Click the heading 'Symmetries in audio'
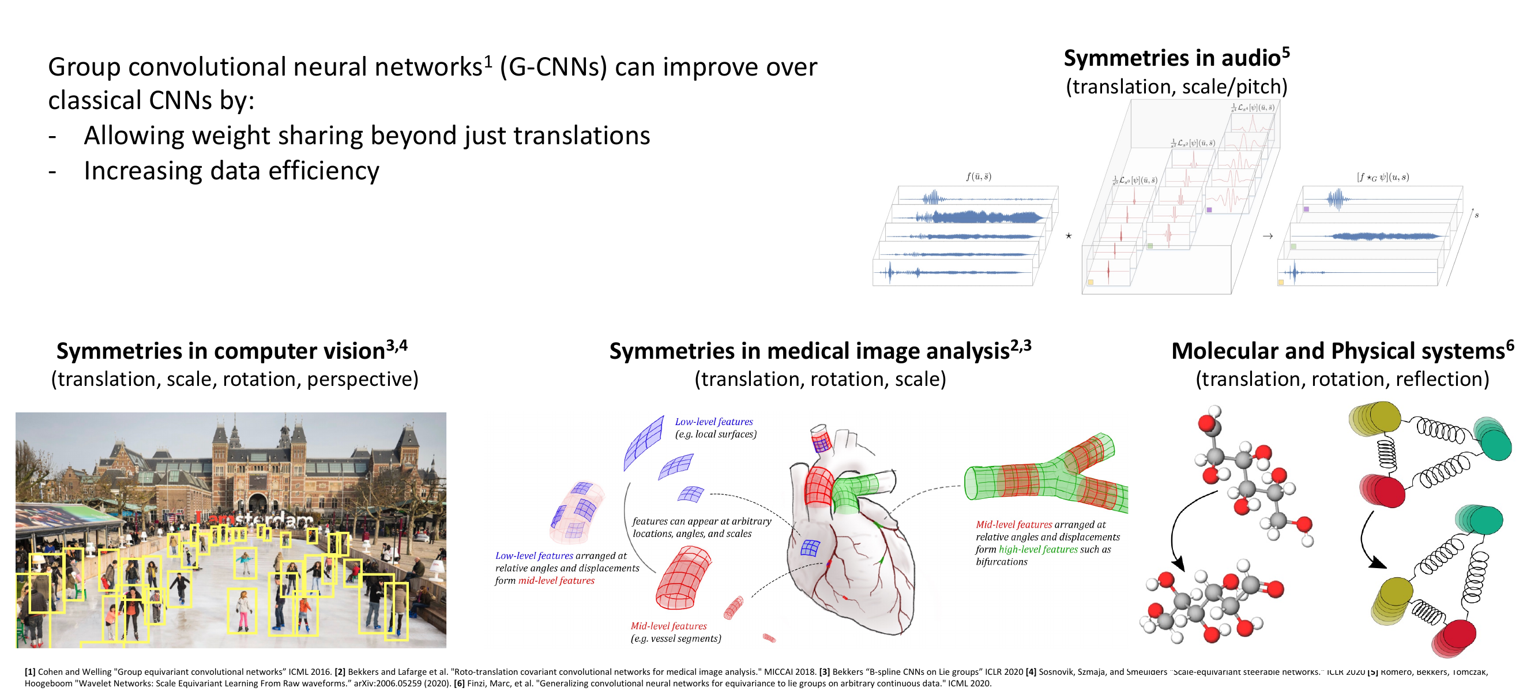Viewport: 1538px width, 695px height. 1171,58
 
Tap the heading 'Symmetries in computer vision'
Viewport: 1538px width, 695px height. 221,351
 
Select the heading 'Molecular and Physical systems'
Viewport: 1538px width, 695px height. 1337,351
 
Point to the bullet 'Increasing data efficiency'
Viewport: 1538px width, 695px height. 231,171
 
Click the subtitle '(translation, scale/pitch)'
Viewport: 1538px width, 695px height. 1176,87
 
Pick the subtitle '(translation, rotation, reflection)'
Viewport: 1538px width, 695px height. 1341,379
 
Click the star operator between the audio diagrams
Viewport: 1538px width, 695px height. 1069,236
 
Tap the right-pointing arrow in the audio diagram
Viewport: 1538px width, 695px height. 1268,236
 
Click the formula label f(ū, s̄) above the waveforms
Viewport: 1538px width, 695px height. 979,176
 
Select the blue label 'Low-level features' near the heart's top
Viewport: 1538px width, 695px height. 713,422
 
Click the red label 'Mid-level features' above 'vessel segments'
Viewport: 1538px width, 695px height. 668,626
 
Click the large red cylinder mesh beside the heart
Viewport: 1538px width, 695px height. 683,578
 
